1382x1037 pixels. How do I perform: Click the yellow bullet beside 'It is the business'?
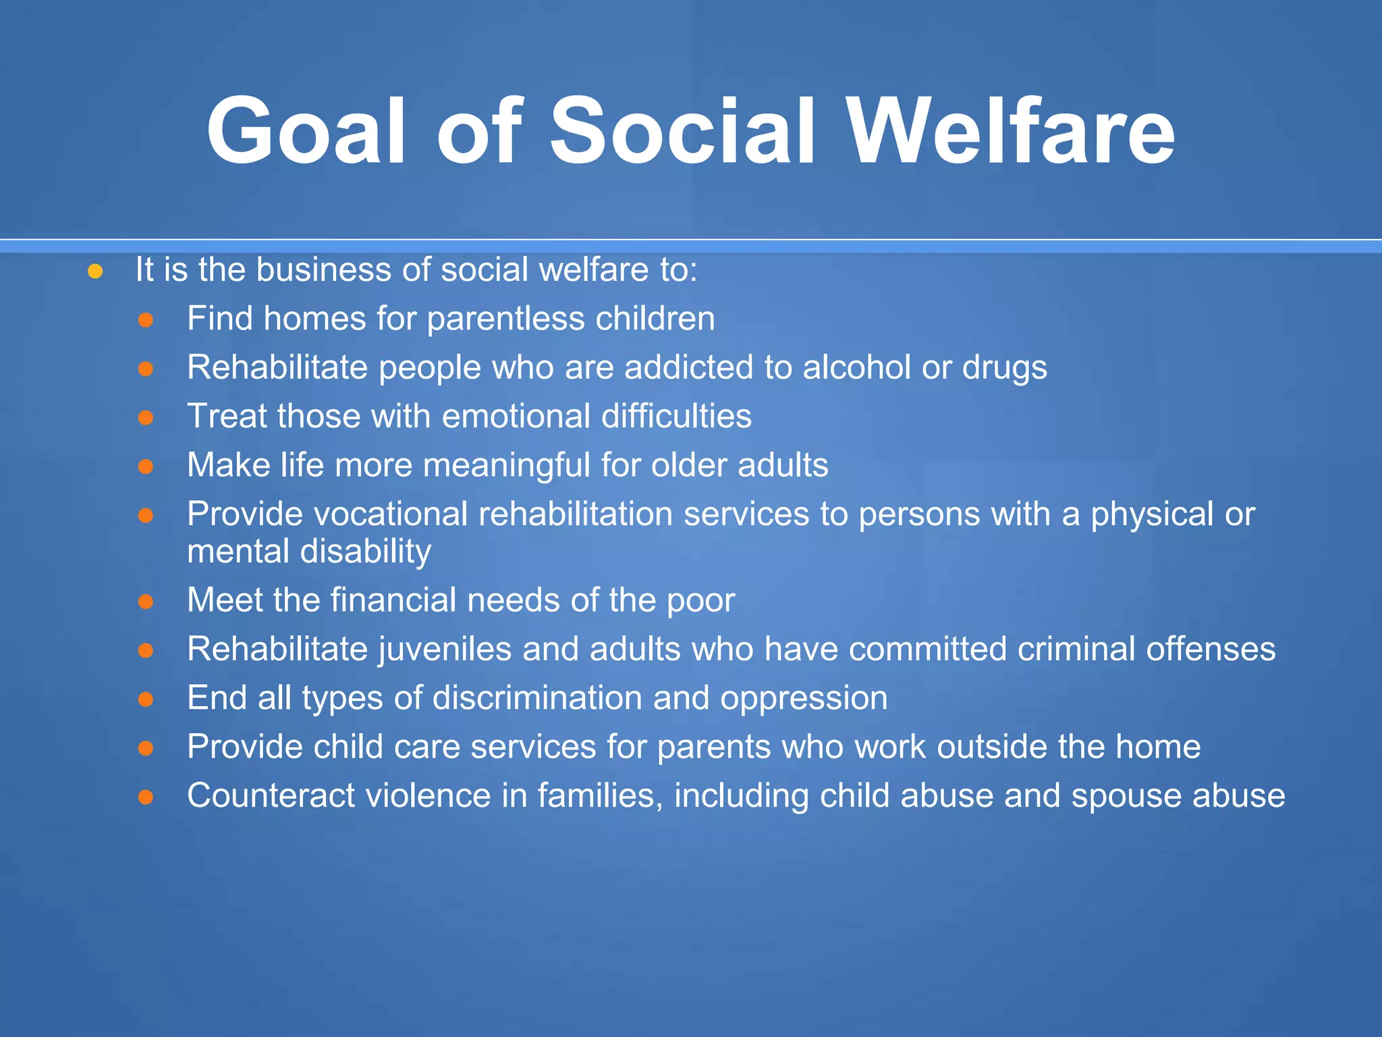coord(95,271)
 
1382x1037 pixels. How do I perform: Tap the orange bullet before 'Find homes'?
coord(146,320)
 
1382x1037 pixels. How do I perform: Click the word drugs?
coord(1004,369)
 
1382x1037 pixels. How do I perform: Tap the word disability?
coord(365,552)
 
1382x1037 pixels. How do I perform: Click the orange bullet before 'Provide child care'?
coord(146,748)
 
